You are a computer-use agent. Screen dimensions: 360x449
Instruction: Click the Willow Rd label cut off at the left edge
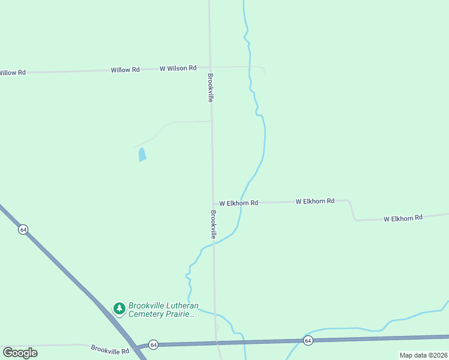coord(12,73)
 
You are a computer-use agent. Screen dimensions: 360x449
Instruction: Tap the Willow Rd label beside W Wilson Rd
coord(125,70)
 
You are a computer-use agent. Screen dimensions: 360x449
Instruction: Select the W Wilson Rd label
coord(178,68)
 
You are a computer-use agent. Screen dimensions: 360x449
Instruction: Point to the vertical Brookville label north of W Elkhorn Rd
coord(210,88)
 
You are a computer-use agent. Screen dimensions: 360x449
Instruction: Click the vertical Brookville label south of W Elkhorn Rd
coord(213,224)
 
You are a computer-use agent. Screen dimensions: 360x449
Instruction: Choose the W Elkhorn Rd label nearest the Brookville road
coord(238,203)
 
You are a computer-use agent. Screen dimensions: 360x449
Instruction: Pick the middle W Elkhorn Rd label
coord(315,202)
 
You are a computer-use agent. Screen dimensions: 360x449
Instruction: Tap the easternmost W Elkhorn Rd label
coord(403,217)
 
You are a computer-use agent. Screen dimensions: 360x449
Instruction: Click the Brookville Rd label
coord(110,349)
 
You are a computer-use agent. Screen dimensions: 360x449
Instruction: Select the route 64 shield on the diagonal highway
coord(23,230)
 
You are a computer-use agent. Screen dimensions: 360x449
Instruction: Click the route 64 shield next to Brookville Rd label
coord(154,344)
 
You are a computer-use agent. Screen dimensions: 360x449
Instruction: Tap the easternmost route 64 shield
coord(308,340)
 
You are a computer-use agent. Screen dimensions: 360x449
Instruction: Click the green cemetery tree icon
coord(119,308)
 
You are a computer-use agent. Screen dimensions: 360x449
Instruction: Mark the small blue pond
coord(142,155)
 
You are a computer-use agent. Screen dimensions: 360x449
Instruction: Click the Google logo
coord(20,352)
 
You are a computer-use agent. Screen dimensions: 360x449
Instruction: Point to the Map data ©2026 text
coord(423,355)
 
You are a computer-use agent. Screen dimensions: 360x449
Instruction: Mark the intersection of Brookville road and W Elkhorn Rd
coord(213,203)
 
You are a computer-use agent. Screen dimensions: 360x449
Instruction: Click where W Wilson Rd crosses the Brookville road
coord(210,67)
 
